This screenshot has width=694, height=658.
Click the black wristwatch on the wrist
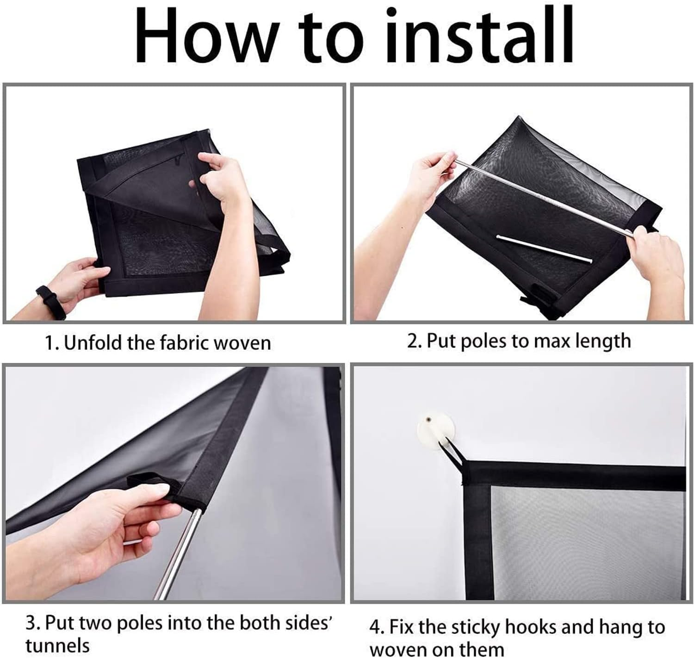(51, 302)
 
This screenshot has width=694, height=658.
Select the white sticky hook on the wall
(435, 428)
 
